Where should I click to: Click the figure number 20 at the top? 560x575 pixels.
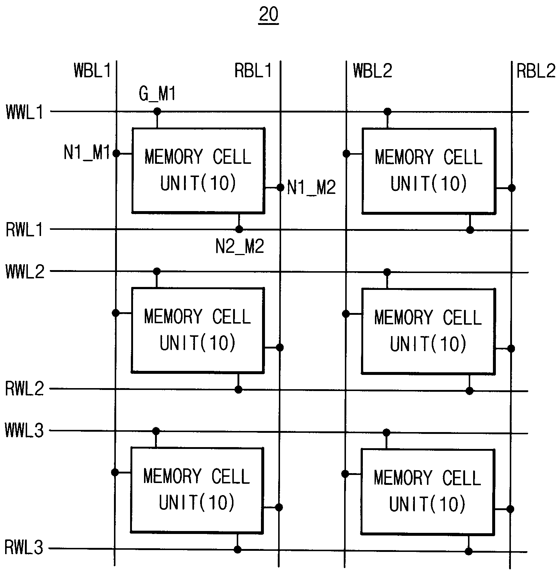pos(268,15)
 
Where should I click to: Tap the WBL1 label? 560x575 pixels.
pos(92,70)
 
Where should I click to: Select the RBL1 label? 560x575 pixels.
pos(253,70)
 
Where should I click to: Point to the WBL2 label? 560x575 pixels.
pos(372,70)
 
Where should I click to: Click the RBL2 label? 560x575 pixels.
pos(536,71)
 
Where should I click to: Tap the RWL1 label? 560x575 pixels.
pos(25,230)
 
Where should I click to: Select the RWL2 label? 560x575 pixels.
pos(25,389)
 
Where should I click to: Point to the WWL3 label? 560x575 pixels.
pos(25,430)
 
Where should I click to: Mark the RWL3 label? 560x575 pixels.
pos(24,548)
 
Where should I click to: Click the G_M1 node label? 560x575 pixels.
pos(157,94)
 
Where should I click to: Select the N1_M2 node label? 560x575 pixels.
pos(312,188)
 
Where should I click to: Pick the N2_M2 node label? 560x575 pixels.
pos(240,246)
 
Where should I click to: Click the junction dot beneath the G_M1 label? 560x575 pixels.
pos(157,111)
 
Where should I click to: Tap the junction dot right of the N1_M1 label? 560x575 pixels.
pos(116,153)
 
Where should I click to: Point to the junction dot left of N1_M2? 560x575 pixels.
pos(280,188)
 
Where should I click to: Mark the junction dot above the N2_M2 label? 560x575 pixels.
pos(239,229)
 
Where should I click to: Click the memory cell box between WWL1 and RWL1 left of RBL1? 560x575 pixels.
pos(198,170)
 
